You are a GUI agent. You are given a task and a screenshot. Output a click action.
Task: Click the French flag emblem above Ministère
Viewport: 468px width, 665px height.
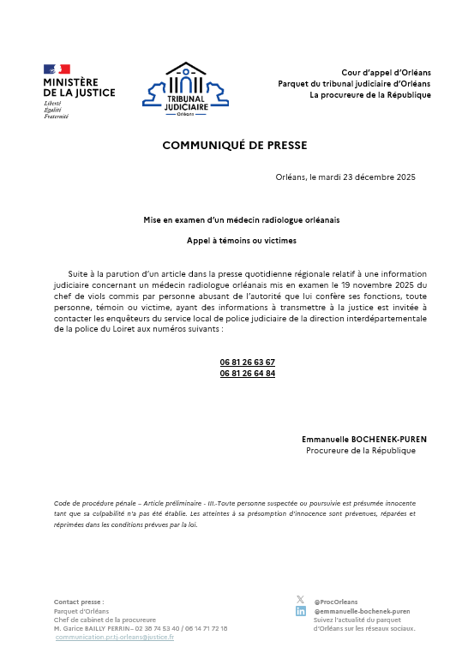coord(57,69)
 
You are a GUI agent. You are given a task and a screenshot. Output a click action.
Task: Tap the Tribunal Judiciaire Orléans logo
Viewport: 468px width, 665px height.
coord(186,90)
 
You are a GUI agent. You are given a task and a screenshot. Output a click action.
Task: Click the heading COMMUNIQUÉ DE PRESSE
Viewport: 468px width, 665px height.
coord(234,146)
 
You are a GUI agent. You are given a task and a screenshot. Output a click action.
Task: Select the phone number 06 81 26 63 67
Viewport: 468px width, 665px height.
coord(248,362)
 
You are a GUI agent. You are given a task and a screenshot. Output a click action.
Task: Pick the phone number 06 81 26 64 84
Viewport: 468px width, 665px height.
coord(248,374)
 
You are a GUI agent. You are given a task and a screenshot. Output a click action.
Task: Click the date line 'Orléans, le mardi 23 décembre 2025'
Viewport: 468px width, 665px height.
coord(345,177)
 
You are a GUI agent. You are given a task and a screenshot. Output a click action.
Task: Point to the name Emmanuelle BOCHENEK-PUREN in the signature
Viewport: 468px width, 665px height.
coord(363,440)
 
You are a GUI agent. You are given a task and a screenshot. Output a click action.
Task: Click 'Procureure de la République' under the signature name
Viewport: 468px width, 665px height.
coord(361,451)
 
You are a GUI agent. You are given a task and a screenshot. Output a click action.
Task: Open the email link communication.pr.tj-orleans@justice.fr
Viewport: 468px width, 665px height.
coord(115,638)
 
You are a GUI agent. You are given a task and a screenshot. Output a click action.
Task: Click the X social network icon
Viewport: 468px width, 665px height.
coord(300,600)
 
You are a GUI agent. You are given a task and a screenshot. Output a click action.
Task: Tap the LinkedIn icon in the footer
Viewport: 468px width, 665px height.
coord(301,611)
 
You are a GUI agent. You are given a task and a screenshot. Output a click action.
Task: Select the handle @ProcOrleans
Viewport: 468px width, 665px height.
coord(336,602)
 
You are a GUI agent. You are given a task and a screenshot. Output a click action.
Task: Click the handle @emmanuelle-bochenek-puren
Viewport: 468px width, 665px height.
coord(362,611)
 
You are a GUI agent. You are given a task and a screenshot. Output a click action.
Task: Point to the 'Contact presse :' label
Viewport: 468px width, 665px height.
coord(79,602)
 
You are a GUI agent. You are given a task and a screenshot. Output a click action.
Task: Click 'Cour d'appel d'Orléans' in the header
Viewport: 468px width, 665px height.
coord(386,72)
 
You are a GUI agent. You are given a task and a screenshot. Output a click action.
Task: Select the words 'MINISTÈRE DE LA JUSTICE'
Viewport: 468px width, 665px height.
coord(79,87)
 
